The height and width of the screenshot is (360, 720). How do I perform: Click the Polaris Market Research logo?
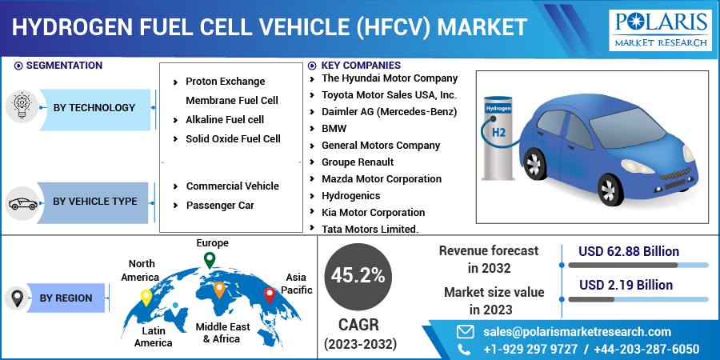660,30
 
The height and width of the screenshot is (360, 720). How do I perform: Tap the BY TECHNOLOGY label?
94,108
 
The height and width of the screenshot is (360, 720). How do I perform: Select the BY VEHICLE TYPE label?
95,202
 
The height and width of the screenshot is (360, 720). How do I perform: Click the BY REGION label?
66,298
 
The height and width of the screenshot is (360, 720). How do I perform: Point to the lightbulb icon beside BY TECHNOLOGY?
21,106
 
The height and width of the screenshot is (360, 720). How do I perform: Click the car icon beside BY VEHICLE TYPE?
22,203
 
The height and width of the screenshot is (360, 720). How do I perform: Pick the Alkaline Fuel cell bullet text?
225,120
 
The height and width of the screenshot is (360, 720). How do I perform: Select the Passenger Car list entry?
221,206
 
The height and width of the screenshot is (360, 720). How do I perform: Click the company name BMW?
334,129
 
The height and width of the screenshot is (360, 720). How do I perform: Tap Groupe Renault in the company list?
358,162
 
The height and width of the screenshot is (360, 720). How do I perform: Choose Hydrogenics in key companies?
351,196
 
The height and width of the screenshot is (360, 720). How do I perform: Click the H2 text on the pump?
498,133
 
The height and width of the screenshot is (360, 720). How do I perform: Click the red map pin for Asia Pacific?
270,295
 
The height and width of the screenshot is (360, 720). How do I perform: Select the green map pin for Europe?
210,260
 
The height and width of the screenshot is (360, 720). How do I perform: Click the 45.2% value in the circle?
358,276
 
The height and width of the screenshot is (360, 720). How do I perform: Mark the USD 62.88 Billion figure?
629,252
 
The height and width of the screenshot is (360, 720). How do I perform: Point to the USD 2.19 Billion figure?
626,285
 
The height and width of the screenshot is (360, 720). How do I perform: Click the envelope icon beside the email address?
465,331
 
